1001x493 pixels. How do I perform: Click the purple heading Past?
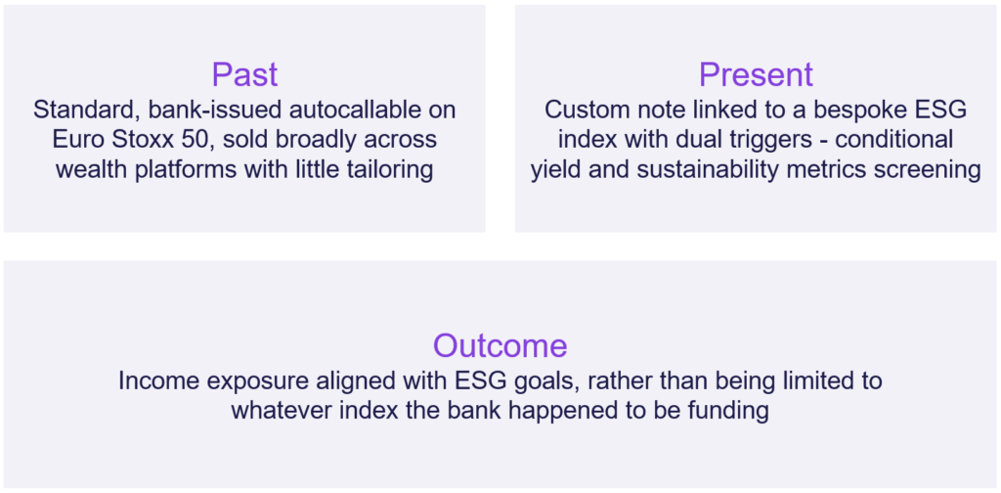pos(244,74)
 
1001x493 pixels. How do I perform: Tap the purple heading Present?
pos(756,74)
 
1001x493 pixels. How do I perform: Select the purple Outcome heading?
pos(500,345)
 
